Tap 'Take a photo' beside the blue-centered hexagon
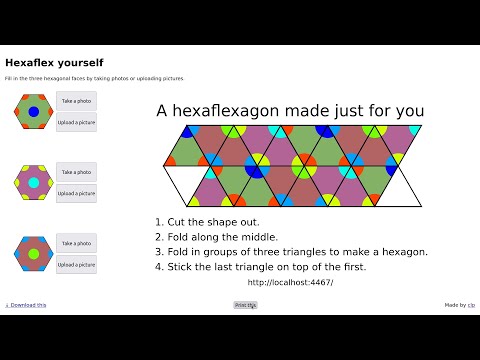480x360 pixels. pos(77,101)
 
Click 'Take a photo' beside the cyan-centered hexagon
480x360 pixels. pos(77,173)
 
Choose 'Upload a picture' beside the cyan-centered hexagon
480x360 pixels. pos(77,193)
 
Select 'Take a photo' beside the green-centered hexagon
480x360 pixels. pos(77,244)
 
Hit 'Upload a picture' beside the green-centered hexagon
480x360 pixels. pos(77,265)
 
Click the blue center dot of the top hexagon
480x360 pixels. pos(33,112)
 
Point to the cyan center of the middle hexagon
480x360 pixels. pos(33,184)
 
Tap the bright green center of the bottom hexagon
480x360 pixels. pos(33,255)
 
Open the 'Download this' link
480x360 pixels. pos(26,305)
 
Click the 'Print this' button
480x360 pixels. pos(245,305)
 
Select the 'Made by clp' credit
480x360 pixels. pos(459,305)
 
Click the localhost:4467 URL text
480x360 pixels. pos(290,282)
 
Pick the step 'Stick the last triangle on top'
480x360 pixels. pos(260,267)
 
